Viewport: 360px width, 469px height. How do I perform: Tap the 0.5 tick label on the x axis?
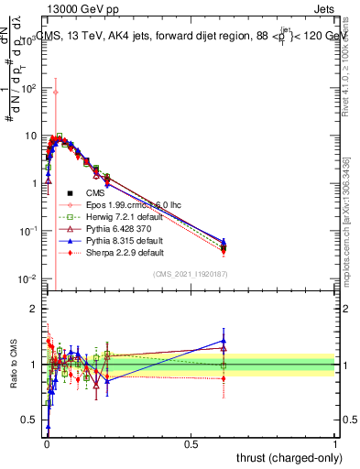(191, 443)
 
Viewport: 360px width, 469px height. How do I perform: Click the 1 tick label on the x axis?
(335, 443)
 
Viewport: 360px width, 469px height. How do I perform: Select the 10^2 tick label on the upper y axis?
(27, 89)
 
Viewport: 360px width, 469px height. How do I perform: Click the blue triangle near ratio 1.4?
(224, 341)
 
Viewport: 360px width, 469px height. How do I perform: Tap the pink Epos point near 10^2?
(56, 92)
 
